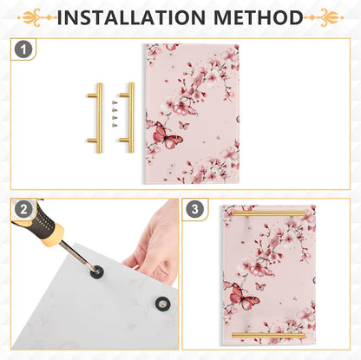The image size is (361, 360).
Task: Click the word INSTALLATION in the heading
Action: tap(131, 17)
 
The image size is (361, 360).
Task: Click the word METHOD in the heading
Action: tap(259, 17)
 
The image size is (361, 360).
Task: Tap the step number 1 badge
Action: tap(23, 49)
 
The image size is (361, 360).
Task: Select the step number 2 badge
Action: tap(23, 209)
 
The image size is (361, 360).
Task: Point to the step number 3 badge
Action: tap(195, 209)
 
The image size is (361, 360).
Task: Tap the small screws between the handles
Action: tap(115, 114)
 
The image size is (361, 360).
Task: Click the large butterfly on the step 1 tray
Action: tap(165, 134)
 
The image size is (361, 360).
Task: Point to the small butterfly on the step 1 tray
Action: tap(184, 125)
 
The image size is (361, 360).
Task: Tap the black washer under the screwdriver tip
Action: tap(96, 272)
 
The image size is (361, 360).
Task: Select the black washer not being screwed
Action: tap(162, 303)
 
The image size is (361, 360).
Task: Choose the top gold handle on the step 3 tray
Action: tap(269, 213)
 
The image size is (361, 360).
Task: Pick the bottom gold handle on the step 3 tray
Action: tap(269, 336)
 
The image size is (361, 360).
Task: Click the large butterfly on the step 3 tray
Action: tap(242, 296)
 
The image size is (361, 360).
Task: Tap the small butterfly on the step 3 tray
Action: tap(260, 286)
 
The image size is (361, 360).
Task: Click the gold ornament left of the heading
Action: tap(36, 17)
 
